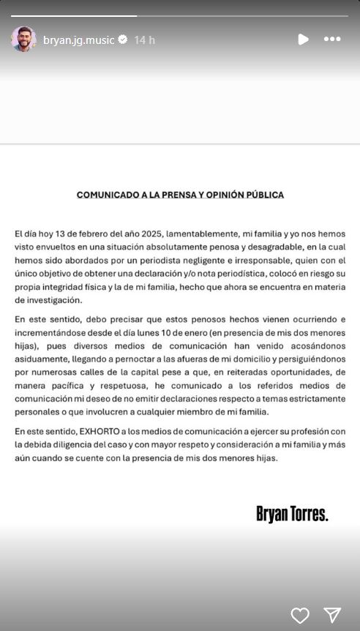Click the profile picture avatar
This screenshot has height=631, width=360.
23,40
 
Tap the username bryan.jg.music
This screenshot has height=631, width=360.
78,40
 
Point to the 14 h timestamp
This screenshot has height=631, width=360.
144,40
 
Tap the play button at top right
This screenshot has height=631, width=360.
303,40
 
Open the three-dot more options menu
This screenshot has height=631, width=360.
332,40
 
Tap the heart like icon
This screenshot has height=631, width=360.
300,615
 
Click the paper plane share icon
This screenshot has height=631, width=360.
332,615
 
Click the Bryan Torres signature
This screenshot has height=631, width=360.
292,514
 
